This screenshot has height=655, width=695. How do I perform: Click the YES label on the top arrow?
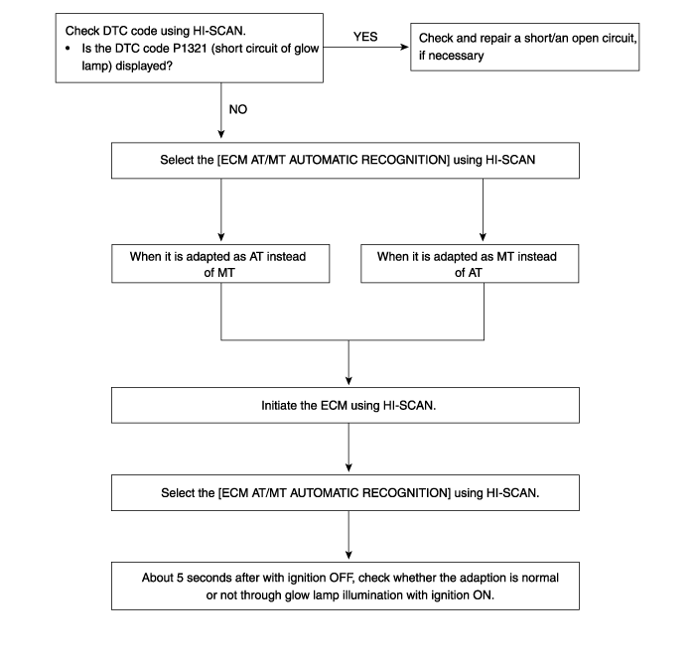coord(365,37)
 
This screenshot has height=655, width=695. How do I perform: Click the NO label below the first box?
coord(238,109)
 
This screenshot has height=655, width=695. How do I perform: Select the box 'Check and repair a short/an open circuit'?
coord(525,47)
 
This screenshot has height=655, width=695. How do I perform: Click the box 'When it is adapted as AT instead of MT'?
coord(220,264)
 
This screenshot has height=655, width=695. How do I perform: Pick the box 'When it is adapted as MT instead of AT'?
coord(470,264)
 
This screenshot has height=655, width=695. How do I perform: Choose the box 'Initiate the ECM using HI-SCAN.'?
coord(346,406)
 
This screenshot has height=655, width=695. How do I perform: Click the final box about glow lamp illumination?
coord(346,586)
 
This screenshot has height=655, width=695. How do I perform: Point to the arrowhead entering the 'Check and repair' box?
coord(405,47)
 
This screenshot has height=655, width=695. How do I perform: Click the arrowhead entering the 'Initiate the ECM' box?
coord(348,381)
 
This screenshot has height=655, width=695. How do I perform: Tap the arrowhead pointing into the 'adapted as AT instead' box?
coord(221,237)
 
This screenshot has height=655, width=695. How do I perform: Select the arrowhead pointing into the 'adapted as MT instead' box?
coord(484,237)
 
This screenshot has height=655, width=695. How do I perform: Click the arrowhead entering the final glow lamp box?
coord(348,556)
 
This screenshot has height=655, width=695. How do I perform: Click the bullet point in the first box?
coord(68,49)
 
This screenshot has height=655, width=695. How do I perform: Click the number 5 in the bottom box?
coord(180,578)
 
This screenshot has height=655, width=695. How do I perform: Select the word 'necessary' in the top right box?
coord(456,56)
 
